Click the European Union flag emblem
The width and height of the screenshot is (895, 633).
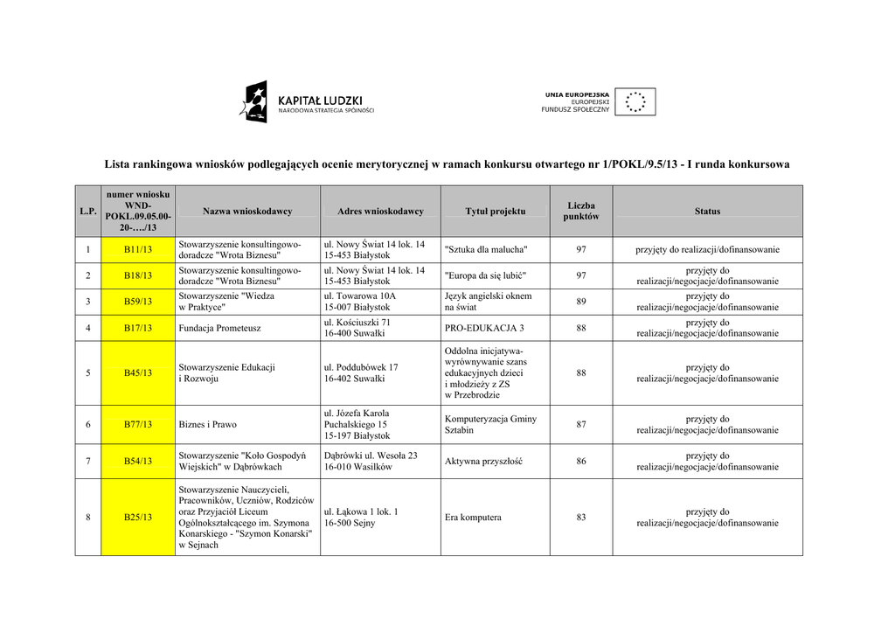pyautogui.click(x=635, y=102)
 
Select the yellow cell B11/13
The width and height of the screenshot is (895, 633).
pyautogui.click(x=137, y=250)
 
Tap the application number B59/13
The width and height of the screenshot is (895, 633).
pyautogui.click(x=137, y=302)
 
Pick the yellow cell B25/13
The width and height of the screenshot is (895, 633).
pyautogui.click(x=137, y=518)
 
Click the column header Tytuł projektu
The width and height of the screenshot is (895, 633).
pyautogui.click(x=496, y=212)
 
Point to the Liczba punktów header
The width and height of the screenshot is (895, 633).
pyautogui.click(x=581, y=212)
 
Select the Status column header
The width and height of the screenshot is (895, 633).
pyautogui.click(x=707, y=212)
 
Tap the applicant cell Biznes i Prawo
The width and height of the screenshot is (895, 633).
pyautogui.click(x=208, y=425)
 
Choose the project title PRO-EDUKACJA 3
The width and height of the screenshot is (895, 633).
pyautogui.click(x=484, y=328)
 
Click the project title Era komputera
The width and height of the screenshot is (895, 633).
pyautogui.click(x=473, y=518)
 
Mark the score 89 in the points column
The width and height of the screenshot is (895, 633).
pyautogui.click(x=581, y=302)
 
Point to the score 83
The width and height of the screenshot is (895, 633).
pyautogui.click(x=581, y=518)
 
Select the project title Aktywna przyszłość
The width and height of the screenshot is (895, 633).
pyautogui.click(x=483, y=462)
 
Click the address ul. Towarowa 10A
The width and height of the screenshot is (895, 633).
pyautogui.click(x=358, y=296)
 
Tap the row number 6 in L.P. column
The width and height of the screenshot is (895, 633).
pyautogui.click(x=87, y=425)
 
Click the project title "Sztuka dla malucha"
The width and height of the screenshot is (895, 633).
pyautogui.click(x=486, y=250)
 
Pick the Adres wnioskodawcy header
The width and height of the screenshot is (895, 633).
pyautogui.click(x=380, y=212)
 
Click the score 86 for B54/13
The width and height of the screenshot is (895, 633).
pyautogui.click(x=581, y=462)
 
